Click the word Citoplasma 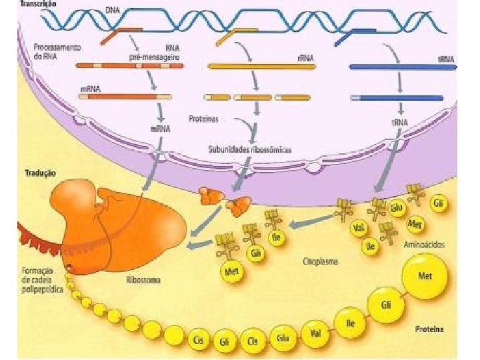tap(320, 261)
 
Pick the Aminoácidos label tap(425, 245)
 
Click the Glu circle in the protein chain tap(283, 339)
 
